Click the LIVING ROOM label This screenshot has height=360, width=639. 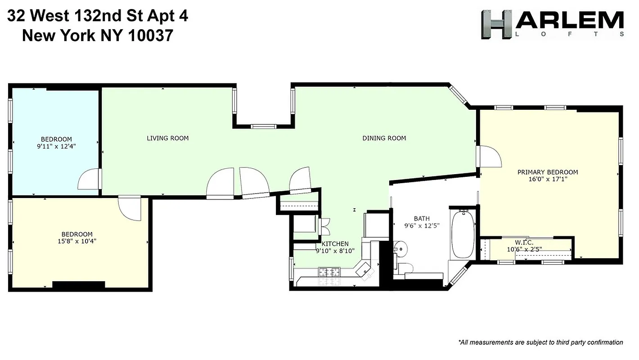coord(167,138)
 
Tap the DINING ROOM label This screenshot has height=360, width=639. coord(384,138)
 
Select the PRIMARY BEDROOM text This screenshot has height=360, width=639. coord(547,172)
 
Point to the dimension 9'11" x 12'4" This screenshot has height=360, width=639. coord(56,146)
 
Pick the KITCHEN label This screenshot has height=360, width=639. coord(335,243)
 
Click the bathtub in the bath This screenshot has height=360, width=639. coord(462,235)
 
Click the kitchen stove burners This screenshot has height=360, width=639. coord(329,272)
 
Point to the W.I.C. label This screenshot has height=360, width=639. coord(524,243)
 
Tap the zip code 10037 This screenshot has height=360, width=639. coord(150,35)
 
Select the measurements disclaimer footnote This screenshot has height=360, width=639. coord(540,342)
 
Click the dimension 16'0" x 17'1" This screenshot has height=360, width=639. coord(547,179)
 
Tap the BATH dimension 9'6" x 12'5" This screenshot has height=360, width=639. coord(421,226)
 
